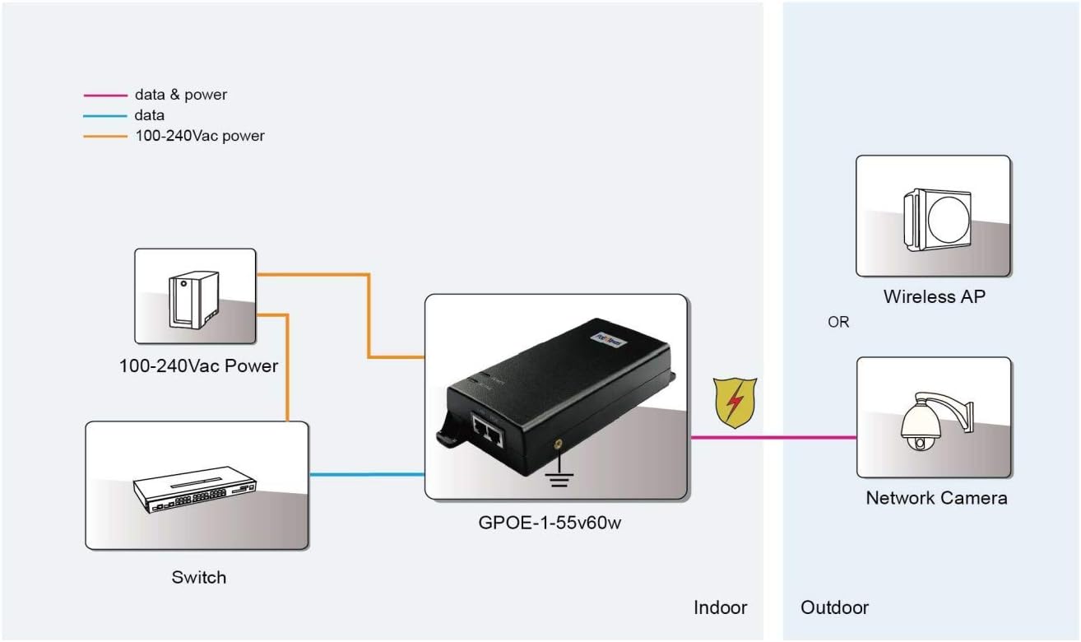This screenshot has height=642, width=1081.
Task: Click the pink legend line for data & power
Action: tap(105, 95)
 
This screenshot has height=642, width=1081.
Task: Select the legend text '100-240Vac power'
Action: tap(199, 137)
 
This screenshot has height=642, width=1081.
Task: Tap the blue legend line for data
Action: tap(105, 116)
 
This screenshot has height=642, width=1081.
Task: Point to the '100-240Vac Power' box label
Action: tap(198, 365)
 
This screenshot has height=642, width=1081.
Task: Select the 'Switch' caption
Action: tap(198, 577)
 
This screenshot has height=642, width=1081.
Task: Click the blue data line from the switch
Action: tap(366, 474)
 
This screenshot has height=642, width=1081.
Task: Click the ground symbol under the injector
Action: tap(559, 477)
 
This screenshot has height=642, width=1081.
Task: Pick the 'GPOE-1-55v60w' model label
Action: tap(550, 522)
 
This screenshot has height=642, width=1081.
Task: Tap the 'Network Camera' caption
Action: tap(936, 498)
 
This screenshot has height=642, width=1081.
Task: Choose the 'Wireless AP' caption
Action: tap(934, 296)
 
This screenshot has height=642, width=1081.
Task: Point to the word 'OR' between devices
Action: tap(838, 323)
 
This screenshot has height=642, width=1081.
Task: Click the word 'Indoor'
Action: tap(721, 607)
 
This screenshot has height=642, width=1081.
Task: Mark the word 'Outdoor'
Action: tap(834, 607)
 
